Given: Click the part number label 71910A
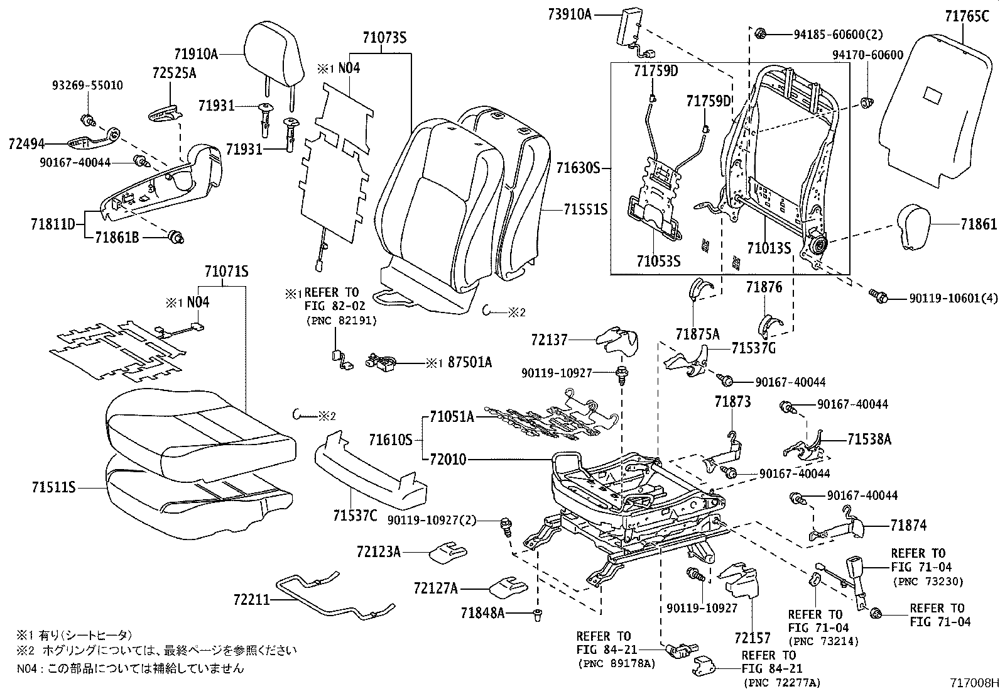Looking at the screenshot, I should coord(196,55).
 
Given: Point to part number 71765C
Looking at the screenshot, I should coord(967,16).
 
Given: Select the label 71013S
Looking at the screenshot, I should coord(768,248).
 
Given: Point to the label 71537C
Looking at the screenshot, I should coord(355,517).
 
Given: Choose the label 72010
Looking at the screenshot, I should coord(448,460).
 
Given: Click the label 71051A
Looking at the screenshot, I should coord(452,416).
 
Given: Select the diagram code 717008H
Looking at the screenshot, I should coord(973,682).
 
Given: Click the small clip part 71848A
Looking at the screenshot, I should coord(538,614).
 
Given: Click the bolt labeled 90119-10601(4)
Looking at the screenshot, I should coord(878,296).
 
